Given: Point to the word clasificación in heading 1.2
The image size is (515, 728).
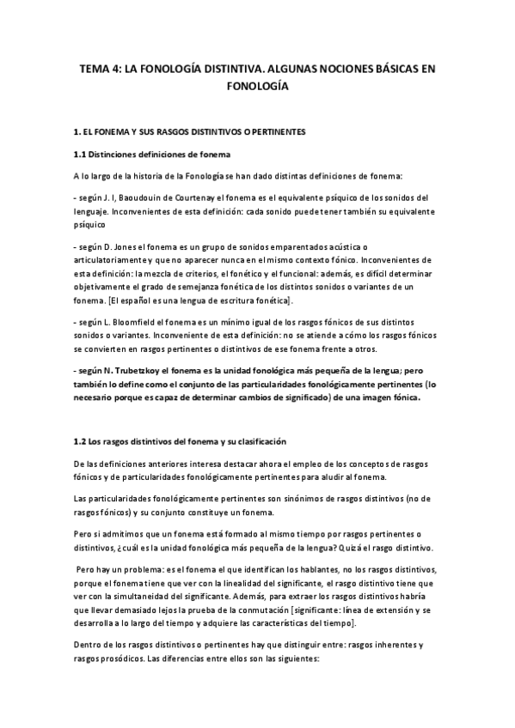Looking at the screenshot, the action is coord(256,442).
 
